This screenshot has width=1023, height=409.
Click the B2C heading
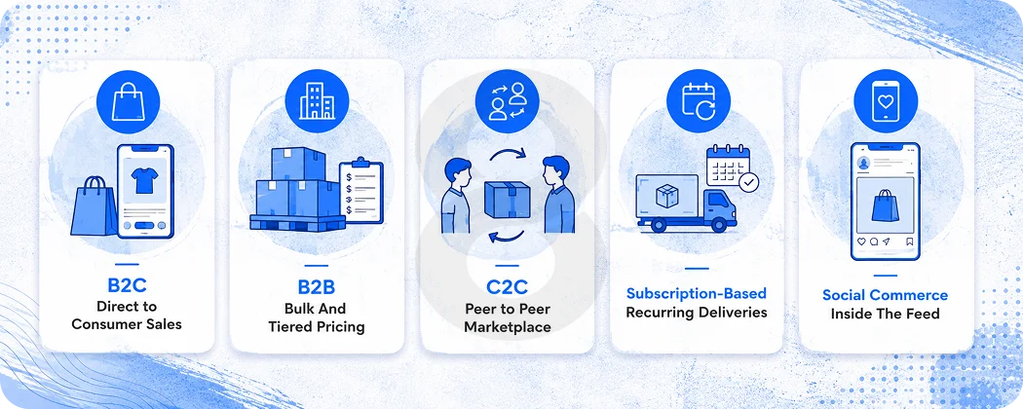(127, 285)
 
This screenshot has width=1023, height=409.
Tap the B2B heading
(317, 287)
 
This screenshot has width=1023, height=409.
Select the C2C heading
(507, 287)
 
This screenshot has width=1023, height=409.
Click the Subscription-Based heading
(697, 293)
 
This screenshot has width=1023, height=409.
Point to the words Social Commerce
(885, 295)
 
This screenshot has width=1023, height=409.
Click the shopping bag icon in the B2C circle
(128, 103)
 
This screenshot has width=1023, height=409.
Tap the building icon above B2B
(317, 102)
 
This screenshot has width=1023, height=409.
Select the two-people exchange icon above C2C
(507, 101)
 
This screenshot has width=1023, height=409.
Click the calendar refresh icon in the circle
(699, 102)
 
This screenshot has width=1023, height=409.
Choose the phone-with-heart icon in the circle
(886, 101)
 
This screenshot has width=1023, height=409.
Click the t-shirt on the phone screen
(144, 179)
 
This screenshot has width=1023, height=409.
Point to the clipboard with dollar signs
(361, 191)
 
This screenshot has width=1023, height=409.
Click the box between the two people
(507, 200)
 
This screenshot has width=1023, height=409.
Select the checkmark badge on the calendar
(749, 181)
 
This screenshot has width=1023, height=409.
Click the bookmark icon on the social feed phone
(909, 242)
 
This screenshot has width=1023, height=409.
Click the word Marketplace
(507, 326)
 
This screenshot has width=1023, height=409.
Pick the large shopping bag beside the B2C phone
(94, 206)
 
